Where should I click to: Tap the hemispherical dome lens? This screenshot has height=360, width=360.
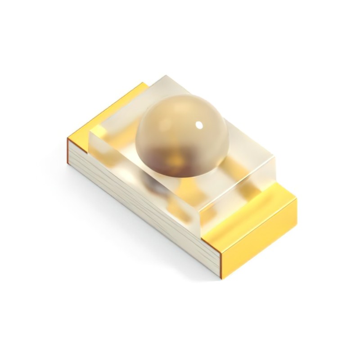(180, 130)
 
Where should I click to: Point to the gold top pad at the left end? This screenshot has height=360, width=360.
(108, 112)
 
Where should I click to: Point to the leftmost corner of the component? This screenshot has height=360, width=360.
(67, 139)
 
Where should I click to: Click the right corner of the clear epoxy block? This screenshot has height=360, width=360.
(274, 155)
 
